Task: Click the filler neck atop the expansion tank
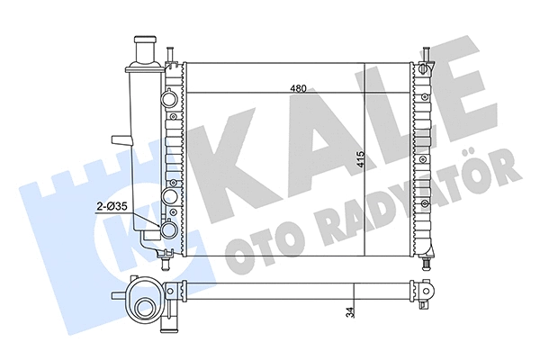coord(144,49)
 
